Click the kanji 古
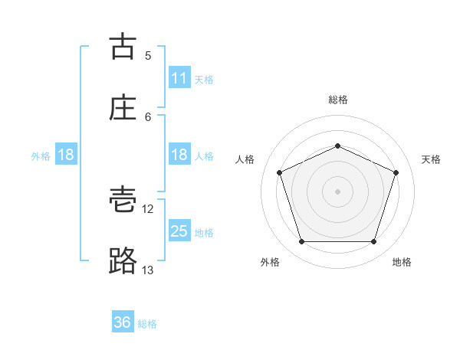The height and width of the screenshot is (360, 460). tap(123, 47)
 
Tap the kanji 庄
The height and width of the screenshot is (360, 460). tap(123, 108)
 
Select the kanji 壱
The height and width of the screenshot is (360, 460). tap(123, 201)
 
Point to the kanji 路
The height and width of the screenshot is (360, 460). tap(123, 261)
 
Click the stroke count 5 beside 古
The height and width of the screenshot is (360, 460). tap(148, 55)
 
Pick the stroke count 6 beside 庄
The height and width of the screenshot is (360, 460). tap(148, 116)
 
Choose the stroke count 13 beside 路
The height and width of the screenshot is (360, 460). tap(148, 270)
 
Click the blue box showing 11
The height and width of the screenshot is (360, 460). tap(179, 78)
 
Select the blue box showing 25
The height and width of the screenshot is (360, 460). tap(179, 231)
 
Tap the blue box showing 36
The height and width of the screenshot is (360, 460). tap(123, 322)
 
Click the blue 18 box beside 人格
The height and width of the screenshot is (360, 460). tap(179, 155)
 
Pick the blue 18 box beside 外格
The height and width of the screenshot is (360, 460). tap(66, 155)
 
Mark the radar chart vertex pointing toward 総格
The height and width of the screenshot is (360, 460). tap(337, 145)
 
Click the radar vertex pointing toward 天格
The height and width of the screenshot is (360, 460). tap(396, 172)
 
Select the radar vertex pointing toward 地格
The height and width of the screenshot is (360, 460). tap(373, 242)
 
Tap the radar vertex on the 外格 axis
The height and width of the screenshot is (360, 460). tap(301, 242)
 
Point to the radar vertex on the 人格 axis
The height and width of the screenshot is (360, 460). tap(279, 172)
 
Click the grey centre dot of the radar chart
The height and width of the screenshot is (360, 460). tap(337, 191)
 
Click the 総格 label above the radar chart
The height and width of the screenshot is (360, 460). tap(337, 100)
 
